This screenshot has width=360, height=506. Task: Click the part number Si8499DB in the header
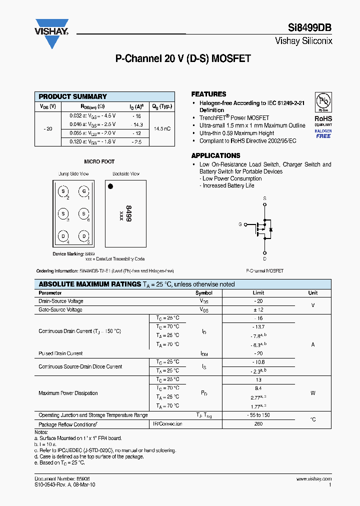point(309,28)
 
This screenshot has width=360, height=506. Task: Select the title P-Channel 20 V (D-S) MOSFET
point(183,59)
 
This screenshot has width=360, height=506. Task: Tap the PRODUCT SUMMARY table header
point(73,96)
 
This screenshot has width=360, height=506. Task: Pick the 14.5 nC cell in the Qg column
point(162,129)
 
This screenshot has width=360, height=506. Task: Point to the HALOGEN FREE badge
point(323,133)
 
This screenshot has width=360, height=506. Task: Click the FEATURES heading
point(208,94)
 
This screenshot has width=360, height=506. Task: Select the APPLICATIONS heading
point(215,155)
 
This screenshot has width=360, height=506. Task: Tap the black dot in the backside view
point(111,186)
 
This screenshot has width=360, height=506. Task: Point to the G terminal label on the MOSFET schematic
point(240,224)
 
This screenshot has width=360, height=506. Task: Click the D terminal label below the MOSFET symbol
point(264,259)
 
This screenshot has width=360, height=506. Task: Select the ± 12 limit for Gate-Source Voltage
point(258,310)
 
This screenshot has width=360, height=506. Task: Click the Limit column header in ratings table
point(258,293)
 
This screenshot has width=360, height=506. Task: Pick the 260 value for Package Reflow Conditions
point(258,424)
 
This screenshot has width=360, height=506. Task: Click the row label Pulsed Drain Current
point(60,353)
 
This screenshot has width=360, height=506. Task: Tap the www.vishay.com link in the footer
point(314,478)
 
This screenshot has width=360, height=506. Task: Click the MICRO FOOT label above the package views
point(99,161)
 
